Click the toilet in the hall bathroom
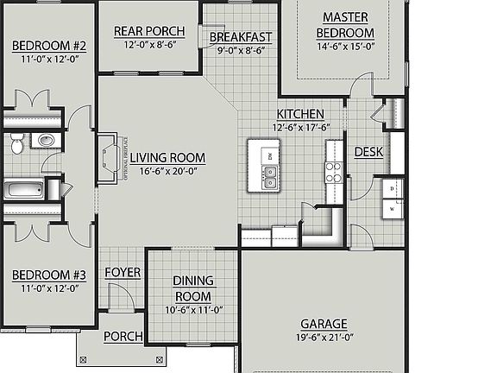coord(16,145)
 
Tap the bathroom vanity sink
coord(47,139)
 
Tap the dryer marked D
coord(392,188)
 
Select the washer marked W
coord(392,208)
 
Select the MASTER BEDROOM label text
coord(346,25)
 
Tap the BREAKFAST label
coord(242,37)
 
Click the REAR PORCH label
coord(148,31)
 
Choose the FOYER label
coord(122,273)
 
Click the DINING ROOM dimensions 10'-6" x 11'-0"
coord(193,310)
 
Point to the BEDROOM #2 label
coord(48,46)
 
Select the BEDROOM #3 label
coord(48,275)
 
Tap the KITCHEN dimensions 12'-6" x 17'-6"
coord(299,128)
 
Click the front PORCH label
coord(123,336)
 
